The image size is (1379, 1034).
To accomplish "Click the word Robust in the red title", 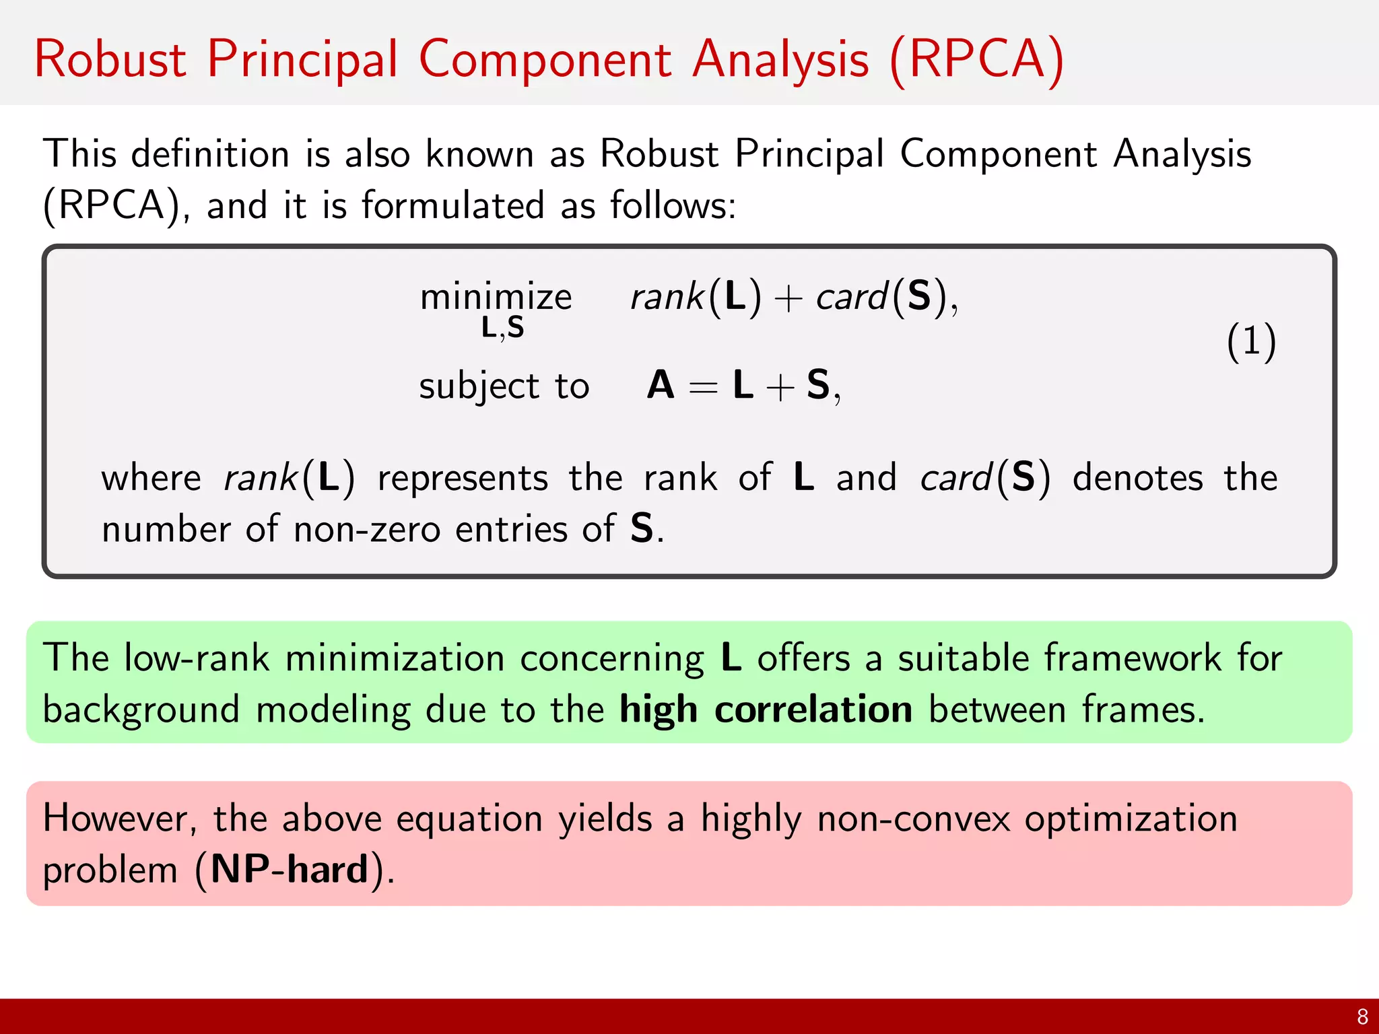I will coord(110,59).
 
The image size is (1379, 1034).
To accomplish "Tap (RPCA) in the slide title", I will coord(976,61).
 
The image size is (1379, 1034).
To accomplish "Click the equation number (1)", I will coord(1250,341).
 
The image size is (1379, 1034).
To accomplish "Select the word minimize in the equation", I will coord(496,297).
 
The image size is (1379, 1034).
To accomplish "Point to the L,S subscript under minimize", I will coord(502,329).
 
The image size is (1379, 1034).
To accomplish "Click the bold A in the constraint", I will coord(661,386).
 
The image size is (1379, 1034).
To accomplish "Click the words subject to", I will coord(504,386).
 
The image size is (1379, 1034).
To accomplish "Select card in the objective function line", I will coord(851,297).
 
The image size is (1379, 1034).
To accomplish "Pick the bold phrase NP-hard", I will coord(290,869).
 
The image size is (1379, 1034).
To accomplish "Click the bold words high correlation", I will coord(766,710).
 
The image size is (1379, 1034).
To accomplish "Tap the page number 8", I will coord(1362,1016).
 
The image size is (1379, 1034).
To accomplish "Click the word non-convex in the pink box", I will coord(913,819).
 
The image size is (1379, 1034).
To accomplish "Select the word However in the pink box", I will coord(119,819).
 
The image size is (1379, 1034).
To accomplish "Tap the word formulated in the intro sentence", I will coord(452,205).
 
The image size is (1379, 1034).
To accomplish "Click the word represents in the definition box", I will coord(463,479).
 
